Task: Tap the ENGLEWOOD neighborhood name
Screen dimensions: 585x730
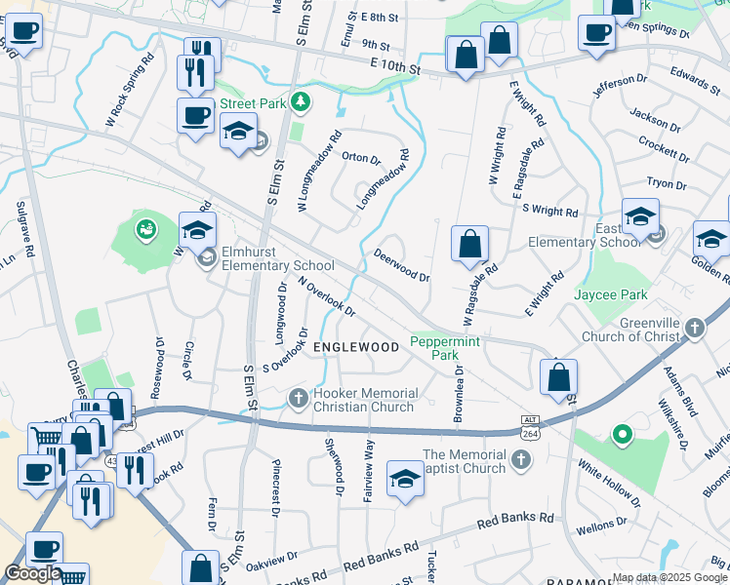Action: pyautogui.click(x=355, y=347)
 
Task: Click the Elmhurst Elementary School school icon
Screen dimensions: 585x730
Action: pyautogui.click(x=206, y=257)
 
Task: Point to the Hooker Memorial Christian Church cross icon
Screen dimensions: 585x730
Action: pyautogui.click(x=299, y=398)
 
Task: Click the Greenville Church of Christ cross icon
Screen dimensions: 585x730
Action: pyautogui.click(x=694, y=328)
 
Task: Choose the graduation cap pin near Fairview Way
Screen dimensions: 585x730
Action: pyautogui.click(x=405, y=480)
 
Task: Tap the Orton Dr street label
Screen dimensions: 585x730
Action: pyautogui.click(x=360, y=158)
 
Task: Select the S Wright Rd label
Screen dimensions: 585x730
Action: pyautogui.click(x=550, y=210)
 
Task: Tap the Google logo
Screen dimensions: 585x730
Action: pyautogui.click(x=31, y=573)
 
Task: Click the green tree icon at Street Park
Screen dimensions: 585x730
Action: pyautogui.click(x=303, y=100)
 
